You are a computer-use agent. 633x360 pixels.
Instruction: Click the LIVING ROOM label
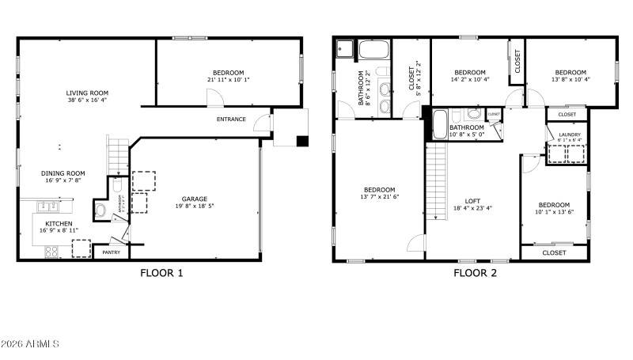(87, 93)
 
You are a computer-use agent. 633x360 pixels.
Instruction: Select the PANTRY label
(110, 252)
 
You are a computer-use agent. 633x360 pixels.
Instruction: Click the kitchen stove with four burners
(51, 251)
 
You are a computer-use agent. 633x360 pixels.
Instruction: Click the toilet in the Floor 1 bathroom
(100, 210)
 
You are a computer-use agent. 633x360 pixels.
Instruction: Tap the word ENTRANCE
(231, 119)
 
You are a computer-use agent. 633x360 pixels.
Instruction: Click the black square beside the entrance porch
(301, 141)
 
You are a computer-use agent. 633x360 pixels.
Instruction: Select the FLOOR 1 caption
(161, 274)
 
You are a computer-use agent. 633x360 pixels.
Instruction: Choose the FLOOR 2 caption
(475, 274)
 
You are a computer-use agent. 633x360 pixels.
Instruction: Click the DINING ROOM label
(63, 172)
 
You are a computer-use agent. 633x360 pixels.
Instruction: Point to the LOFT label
(472, 201)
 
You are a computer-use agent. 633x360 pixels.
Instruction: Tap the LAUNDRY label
(570, 135)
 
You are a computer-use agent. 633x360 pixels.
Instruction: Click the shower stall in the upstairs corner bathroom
(345, 50)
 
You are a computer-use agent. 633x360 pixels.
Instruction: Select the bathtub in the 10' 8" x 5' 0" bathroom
(439, 125)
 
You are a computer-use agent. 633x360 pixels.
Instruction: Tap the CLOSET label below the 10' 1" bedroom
(554, 252)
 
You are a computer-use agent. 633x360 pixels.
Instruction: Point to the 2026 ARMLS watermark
(32, 344)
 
